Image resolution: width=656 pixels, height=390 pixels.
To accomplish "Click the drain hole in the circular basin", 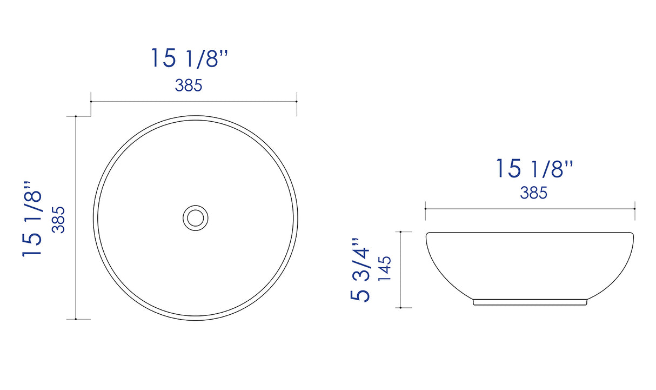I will (x=195, y=217).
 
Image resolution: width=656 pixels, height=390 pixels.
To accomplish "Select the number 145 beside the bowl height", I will (x=384, y=269).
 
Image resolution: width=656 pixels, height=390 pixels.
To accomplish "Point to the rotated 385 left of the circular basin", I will (x=58, y=219).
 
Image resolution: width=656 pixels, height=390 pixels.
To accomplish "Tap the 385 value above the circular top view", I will (x=189, y=85).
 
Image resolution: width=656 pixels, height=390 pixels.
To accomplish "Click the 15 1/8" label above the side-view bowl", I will (x=534, y=169).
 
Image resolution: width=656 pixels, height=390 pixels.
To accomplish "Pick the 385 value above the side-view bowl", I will (x=534, y=193).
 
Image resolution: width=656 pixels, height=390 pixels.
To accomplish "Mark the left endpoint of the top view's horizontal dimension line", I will (x=91, y=101).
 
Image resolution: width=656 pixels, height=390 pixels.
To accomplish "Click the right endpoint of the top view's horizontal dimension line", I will (x=297, y=101).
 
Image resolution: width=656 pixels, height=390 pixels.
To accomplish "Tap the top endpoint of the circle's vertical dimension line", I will (x=76, y=116).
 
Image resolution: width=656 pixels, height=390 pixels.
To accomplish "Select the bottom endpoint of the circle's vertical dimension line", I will (x=76, y=319).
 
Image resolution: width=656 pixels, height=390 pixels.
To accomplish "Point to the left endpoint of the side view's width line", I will (x=426, y=208).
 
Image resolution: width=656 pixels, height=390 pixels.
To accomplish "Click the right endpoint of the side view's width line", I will (x=634, y=208).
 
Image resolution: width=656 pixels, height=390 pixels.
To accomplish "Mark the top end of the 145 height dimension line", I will (x=400, y=232).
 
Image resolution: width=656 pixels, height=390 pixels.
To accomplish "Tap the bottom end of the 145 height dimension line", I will (x=400, y=308).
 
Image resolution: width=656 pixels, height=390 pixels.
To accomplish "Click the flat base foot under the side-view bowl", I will (x=530, y=302).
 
